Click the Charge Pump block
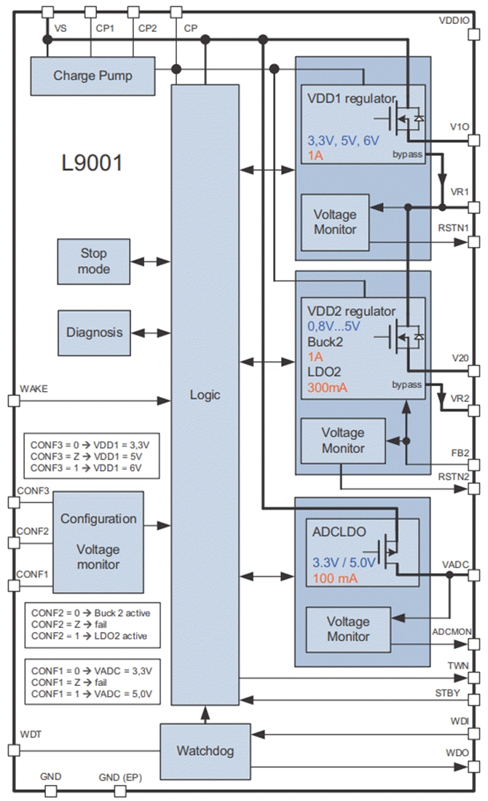[93, 76]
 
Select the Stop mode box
[93, 261]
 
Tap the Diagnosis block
[95, 332]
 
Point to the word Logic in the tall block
[205, 395]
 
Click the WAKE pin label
[34, 389]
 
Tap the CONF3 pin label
[35, 492]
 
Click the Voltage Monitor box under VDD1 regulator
[334, 222]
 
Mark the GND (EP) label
[120, 778]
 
